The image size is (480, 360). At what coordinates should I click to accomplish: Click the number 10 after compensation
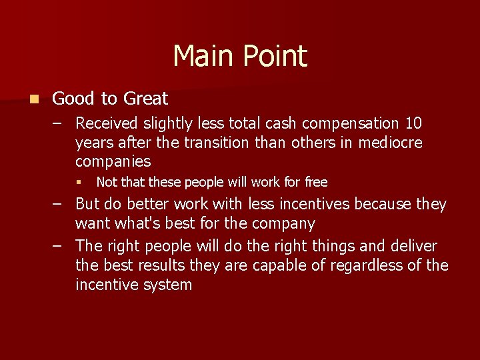click(413, 124)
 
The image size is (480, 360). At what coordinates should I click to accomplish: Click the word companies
click(113, 161)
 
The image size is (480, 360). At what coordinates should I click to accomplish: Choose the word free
click(315, 182)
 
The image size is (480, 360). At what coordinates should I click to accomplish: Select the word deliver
click(413, 246)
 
